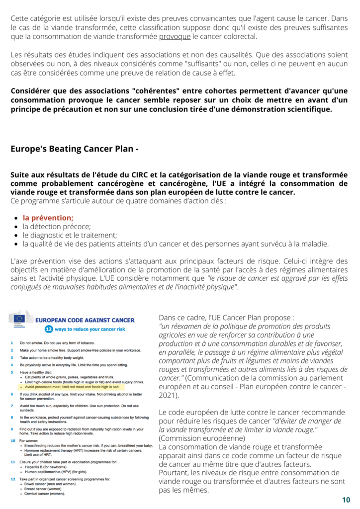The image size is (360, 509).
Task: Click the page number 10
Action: point(346,500)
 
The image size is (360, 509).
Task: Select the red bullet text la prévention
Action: point(48,217)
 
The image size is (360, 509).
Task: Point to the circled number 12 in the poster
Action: point(49,329)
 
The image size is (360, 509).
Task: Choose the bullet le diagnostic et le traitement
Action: point(70,235)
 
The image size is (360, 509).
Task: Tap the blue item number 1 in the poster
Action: point(11,343)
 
